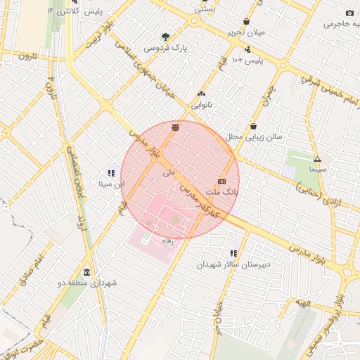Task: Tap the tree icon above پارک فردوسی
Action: [165, 37]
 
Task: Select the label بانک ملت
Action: [222, 191]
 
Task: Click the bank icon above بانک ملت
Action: [221, 181]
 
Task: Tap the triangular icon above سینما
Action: [317, 159]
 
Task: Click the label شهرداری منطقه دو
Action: [88, 283]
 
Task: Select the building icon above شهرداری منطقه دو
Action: [87, 272]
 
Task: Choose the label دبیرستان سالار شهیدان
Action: [233, 264]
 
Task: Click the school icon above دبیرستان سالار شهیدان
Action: [233, 253]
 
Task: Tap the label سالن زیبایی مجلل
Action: [254, 137]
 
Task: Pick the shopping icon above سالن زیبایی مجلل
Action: [253, 126]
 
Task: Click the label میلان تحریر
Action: [245, 33]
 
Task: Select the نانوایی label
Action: [201, 105]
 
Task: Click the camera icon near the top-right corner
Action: [349, 13]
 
